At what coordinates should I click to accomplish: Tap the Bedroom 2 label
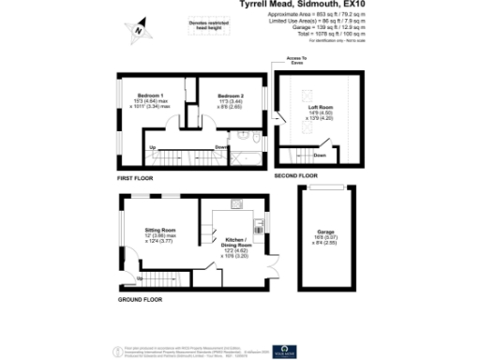click(x=231, y=97)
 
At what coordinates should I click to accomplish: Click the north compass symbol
click(x=139, y=29)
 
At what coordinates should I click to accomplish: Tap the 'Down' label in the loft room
click(x=319, y=155)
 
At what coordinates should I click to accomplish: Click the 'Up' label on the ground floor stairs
click(x=141, y=278)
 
